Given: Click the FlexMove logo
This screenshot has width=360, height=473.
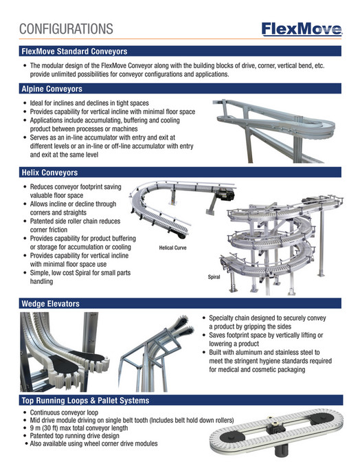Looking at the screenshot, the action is tap(302, 30).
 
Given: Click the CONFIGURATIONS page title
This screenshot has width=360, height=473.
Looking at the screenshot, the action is tap(66, 29).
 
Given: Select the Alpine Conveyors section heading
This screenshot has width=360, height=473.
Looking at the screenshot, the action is tap(52, 89).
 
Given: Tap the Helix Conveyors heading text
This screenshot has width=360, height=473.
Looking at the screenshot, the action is tap(49, 173).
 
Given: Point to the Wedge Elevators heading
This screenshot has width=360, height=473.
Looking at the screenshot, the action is tap(51, 303).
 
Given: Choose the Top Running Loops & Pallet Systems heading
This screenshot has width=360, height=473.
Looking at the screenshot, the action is tap(85, 400).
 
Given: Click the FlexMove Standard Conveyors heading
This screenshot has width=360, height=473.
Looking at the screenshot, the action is tap(74, 52).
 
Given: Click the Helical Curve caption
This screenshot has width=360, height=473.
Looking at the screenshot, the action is tap(172, 247).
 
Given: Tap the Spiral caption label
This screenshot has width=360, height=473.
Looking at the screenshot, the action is tap(214, 277).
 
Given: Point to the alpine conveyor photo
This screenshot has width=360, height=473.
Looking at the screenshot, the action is tap(273, 131).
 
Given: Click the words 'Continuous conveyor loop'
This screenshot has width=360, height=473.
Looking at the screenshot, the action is tap(64, 412).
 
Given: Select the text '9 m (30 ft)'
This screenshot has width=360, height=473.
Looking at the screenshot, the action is tap(44, 428).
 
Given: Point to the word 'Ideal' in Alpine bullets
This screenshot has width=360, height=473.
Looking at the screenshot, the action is tap(36, 103).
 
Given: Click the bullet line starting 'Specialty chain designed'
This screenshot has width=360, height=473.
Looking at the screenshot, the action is tap(267, 318).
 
